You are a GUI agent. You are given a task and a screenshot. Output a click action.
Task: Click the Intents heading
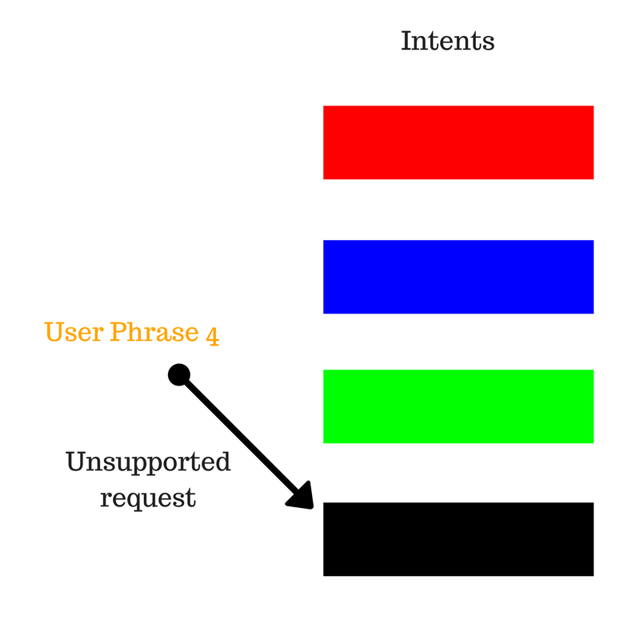pos(448,41)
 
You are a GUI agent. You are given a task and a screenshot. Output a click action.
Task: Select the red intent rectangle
pos(458,142)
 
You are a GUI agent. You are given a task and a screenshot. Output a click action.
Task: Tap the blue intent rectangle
pos(458,277)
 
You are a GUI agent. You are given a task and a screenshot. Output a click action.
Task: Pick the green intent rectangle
pos(458,406)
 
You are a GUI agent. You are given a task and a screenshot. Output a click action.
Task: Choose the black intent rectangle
pos(458,539)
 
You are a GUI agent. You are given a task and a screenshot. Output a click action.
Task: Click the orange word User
pos(74,331)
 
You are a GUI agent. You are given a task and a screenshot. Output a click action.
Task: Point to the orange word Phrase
pos(154,331)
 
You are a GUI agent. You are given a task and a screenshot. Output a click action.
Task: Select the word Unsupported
pos(148,462)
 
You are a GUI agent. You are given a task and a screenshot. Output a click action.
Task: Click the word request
pos(148,498)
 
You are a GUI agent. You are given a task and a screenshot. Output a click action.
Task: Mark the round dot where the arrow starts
pos(179,374)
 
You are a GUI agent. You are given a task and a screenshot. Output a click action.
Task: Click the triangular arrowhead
pos(302,497)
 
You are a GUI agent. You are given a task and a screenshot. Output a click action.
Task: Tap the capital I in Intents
pos(406,41)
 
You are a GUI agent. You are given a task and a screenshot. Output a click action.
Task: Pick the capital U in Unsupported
pos(76,462)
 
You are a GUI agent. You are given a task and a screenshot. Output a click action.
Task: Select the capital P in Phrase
pos(118,331)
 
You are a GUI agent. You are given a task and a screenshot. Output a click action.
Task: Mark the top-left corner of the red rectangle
pos(323,106)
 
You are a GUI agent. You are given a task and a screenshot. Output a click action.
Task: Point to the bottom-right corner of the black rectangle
pos(594,576)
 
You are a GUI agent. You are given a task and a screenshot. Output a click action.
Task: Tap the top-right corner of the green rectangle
pos(594,370)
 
